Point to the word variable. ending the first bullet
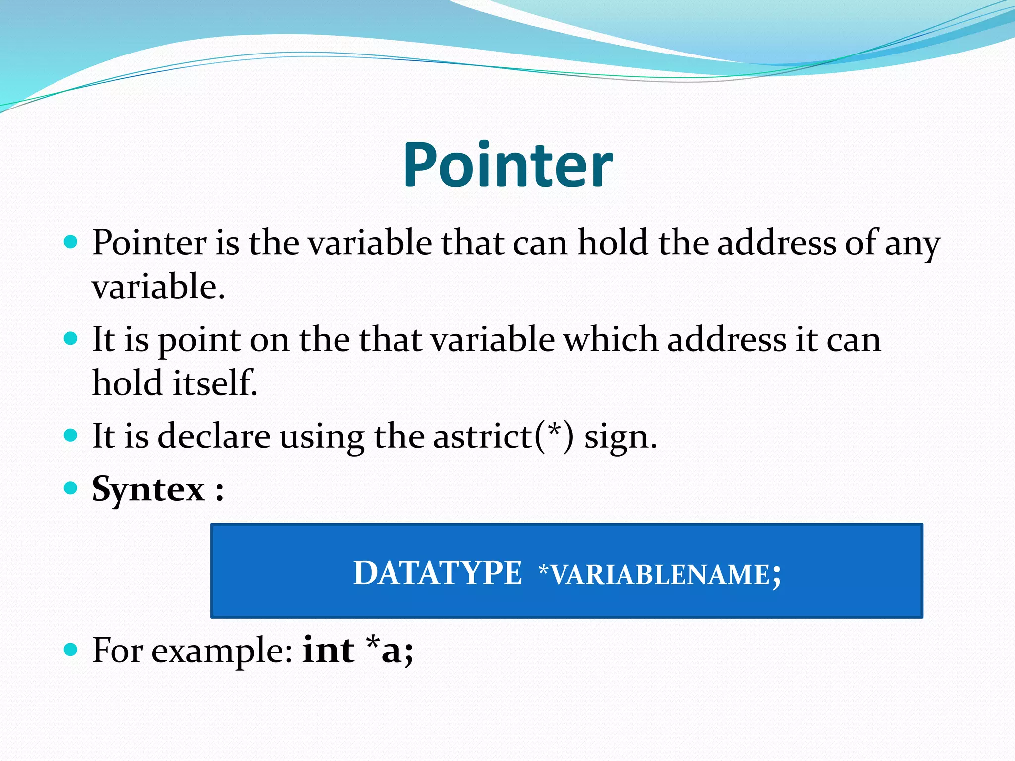click(158, 287)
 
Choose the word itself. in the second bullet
click(216, 383)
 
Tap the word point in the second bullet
click(199, 342)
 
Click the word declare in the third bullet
click(214, 436)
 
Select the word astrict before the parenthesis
click(483, 436)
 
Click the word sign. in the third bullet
click(620, 438)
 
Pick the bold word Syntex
click(148, 490)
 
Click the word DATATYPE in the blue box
click(437, 573)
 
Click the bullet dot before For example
click(71, 650)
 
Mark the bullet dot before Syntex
click(71, 489)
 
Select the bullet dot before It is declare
click(71, 435)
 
